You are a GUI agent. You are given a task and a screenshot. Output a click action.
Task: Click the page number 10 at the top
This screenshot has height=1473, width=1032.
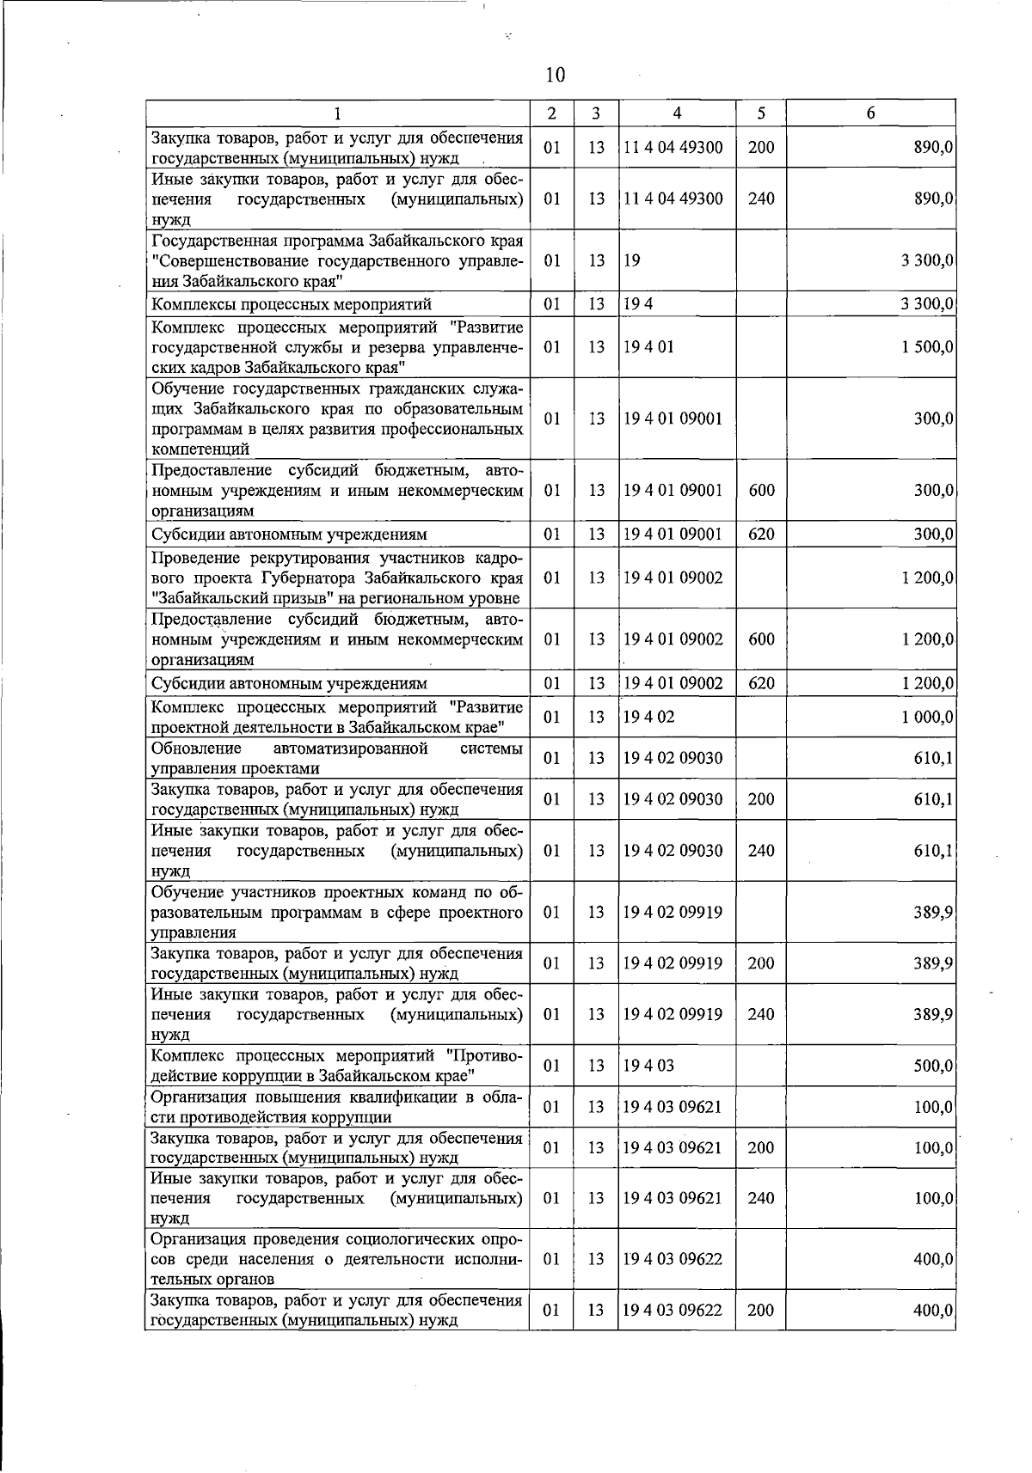pos(555,76)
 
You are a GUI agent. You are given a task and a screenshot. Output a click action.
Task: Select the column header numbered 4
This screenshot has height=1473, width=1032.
pos(677,113)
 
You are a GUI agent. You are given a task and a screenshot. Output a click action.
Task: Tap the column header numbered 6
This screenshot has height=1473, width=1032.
pos(870,113)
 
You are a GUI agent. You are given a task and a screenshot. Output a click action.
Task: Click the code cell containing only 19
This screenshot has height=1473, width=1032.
pos(632,260)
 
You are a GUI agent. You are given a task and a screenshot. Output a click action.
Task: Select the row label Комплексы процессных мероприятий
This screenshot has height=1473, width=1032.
pos(292,304)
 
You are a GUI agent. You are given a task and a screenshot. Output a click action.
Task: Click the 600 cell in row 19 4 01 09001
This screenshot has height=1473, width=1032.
pos(761,491)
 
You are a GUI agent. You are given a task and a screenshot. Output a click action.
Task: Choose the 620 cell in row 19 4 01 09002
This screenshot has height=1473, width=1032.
pos(761,684)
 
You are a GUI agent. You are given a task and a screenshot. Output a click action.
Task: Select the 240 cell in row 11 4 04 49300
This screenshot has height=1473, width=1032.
pos(761,199)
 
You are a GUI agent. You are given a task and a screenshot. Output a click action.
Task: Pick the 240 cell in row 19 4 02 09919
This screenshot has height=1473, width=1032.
pos(761,1014)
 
